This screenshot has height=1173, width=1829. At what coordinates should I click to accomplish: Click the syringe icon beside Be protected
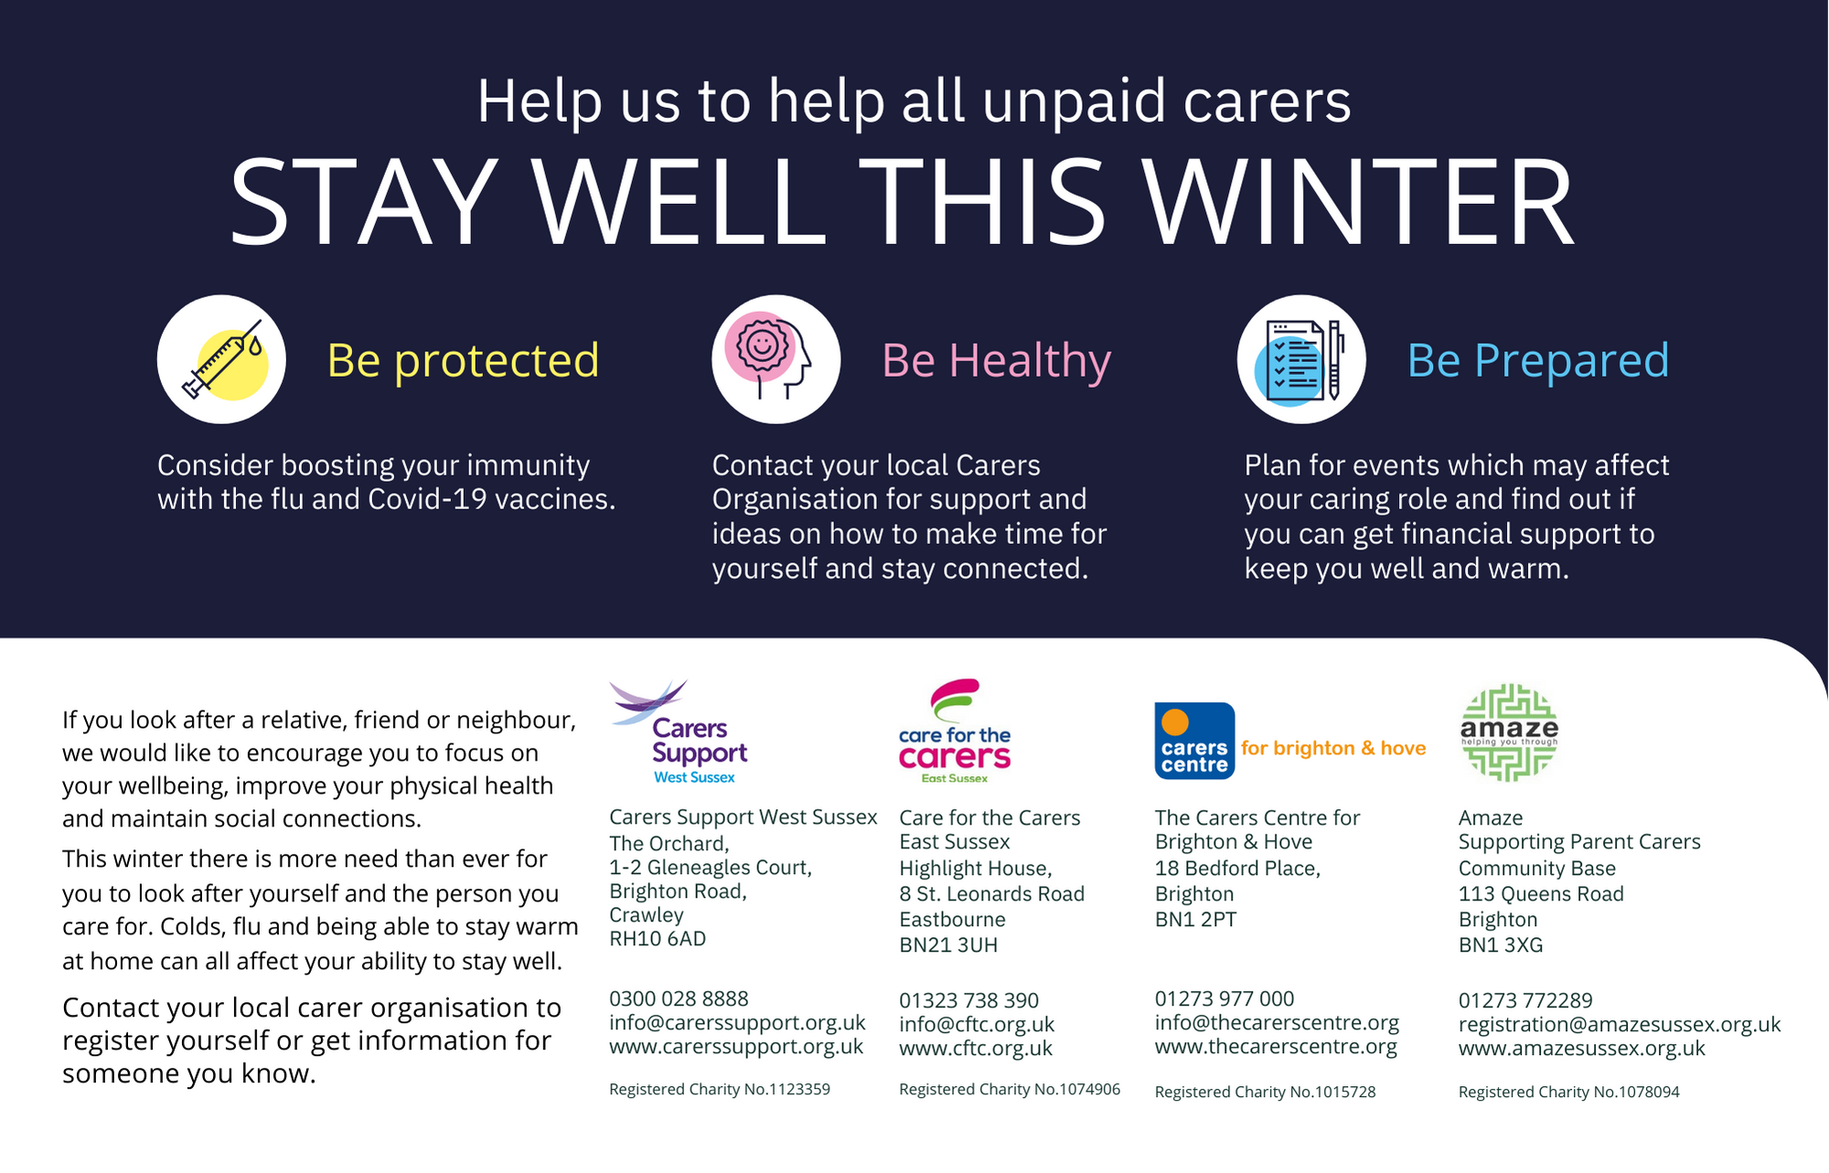(x=221, y=359)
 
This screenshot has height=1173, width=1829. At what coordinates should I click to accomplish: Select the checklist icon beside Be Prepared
(x=1301, y=359)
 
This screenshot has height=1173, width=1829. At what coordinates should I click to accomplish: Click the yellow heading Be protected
(x=463, y=360)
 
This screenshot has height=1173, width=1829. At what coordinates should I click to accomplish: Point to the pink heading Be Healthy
(x=997, y=360)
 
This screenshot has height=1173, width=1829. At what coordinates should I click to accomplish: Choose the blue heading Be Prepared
(x=1538, y=360)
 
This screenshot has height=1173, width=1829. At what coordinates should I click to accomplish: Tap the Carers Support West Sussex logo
(x=679, y=731)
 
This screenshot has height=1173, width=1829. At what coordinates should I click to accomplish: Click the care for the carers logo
(x=955, y=730)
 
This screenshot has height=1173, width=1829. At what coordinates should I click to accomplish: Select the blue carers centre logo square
(x=1194, y=741)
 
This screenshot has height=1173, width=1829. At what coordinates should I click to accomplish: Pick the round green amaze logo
(x=1509, y=732)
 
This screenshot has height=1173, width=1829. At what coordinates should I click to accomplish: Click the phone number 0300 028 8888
(x=679, y=998)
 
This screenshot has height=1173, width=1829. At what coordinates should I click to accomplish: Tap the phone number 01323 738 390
(x=968, y=1000)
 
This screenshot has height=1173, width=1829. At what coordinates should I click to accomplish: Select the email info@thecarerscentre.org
(x=1277, y=1023)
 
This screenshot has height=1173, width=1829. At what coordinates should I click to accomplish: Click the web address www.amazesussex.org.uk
(x=1582, y=1048)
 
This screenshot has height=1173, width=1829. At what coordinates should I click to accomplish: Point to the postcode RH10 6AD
(x=658, y=939)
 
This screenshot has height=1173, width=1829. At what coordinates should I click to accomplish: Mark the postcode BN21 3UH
(x=948, y=945)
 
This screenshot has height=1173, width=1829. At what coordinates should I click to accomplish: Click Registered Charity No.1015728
(x=1265, y=1092)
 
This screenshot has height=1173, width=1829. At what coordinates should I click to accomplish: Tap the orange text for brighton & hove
(x=1333, y=748)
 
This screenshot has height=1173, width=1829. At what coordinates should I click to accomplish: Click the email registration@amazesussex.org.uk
(x=1620, y=1025)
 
